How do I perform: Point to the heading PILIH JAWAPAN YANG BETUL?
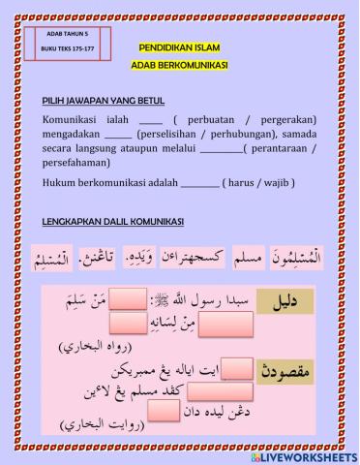click(x=104, y=100)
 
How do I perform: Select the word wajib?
click(x=274, y=183)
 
